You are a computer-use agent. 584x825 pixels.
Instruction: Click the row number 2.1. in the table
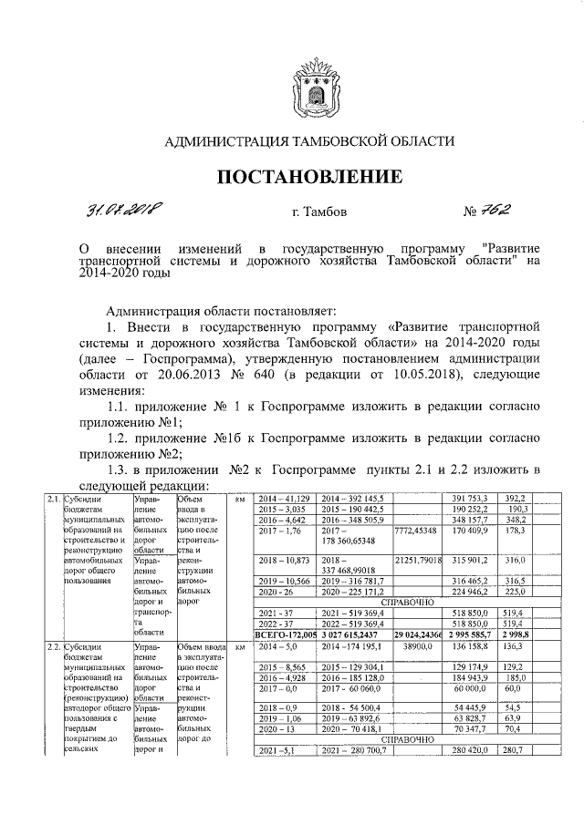click(54, 499)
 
